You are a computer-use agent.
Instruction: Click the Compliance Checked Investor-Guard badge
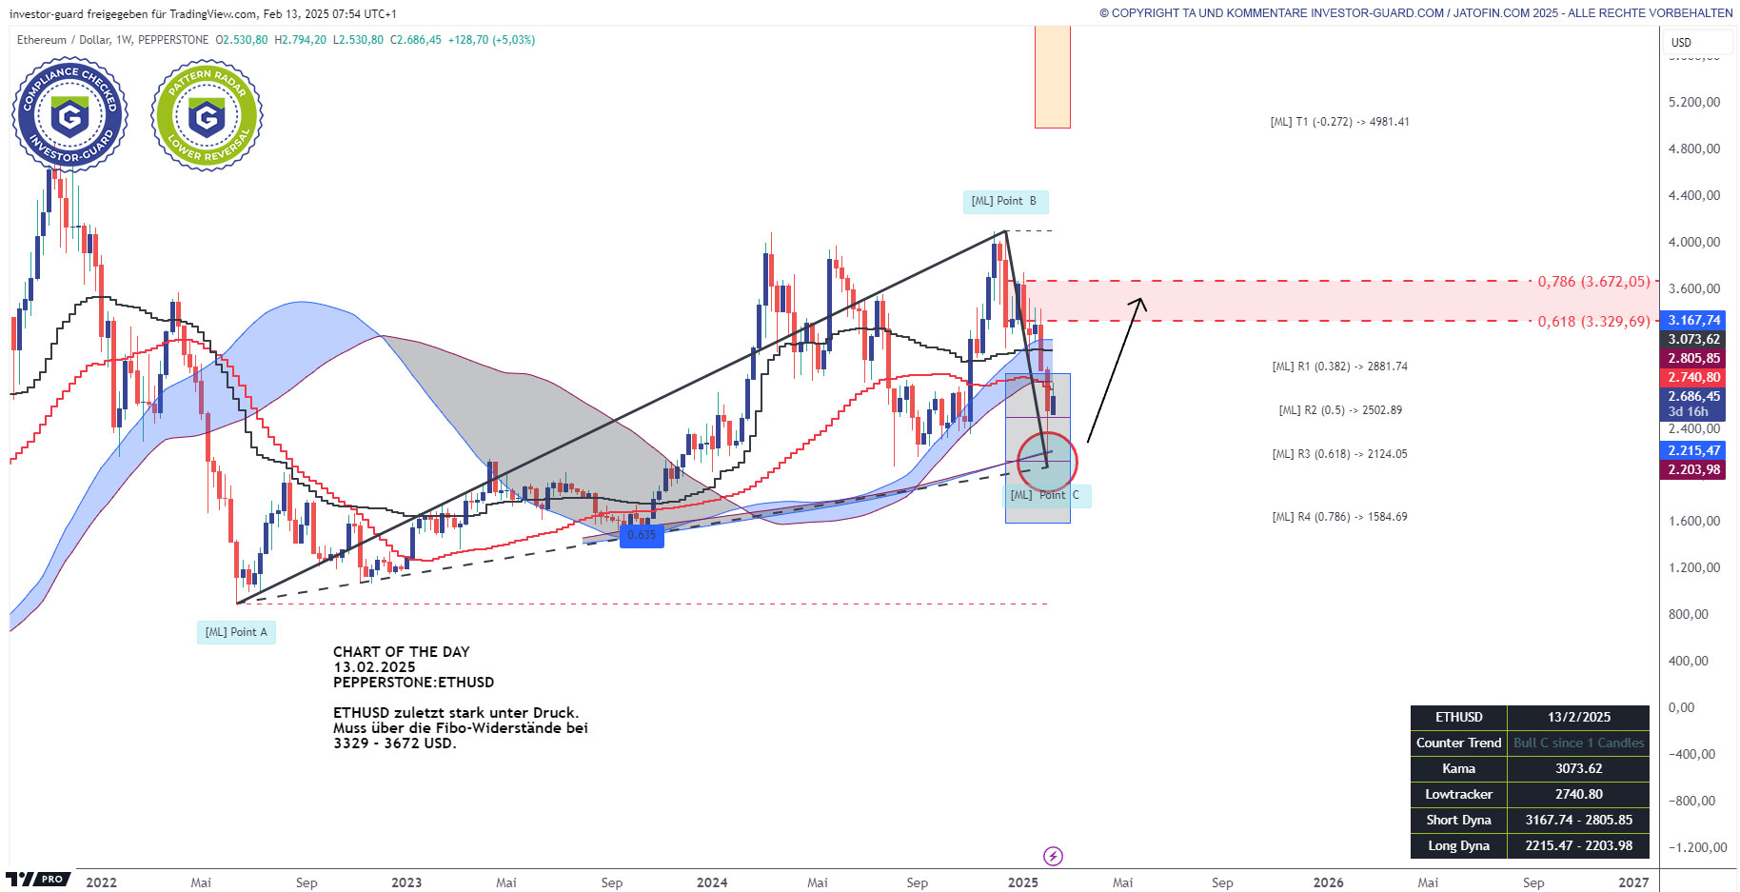pyautogui.click(x=69, y=115)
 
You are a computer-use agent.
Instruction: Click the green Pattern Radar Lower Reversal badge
pyautogui.click(x=207, y=115)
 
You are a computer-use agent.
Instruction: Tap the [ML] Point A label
pyautogui.click(x=236, y=632)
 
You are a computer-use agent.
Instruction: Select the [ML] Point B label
pyautogui.click(x=1004, y=201)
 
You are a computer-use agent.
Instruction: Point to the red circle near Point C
pyautogui.click(x=1047, y=462)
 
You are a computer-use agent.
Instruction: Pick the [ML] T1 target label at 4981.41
pyautogui.click(x=1339, y=122)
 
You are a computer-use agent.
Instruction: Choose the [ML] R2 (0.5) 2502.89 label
pyautogui.click(x=1339, y=410)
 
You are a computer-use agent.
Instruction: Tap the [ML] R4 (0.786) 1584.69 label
pyautogui.click(x=1339, y=517)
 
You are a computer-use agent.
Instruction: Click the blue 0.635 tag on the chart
pyautogui.click(x=642, y=535)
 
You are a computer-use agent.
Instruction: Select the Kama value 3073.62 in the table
pyautogui.click(x=1578, y=768)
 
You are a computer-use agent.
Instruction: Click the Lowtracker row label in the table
pyautogui.click(x=1458, y=794)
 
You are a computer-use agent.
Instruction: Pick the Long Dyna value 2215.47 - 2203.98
pyautogui.click(x=1578, y=845)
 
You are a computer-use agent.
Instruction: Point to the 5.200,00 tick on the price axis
pyautogui.click(x=1694, y=102)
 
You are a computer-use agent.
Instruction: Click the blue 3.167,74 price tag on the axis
pyautogui.click(x=1693, y=320)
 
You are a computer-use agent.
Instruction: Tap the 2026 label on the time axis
pyautogui.click(x=1328, y=882)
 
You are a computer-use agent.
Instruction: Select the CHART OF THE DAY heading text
pyautogui.click(x=401, y=652)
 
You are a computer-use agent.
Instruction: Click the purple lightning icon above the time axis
pyautogui.click(x=1053, y=856)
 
